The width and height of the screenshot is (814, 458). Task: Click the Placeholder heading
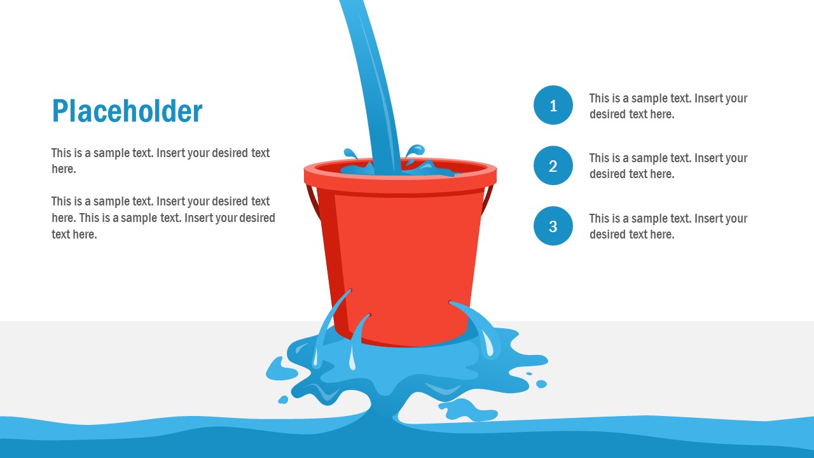[127, 111]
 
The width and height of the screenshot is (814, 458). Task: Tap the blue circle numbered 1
[553, 105]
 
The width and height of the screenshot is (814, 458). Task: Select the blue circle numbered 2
[553, 165]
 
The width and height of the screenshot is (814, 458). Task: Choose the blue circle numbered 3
[553, 226]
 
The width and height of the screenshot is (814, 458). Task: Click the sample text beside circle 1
[668, 106]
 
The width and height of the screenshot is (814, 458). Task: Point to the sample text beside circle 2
[668, 166]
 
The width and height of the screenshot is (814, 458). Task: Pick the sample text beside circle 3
[668, 226]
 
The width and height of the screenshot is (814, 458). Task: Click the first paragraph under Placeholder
[160, 161]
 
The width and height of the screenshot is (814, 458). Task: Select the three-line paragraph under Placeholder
[163, 218]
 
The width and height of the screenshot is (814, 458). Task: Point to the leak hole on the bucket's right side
[451, 303]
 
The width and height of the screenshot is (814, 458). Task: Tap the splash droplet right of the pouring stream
[414, 151]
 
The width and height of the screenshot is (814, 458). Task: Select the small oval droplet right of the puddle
[541, 384]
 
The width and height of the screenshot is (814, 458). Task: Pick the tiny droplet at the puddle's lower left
[283, 399]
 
